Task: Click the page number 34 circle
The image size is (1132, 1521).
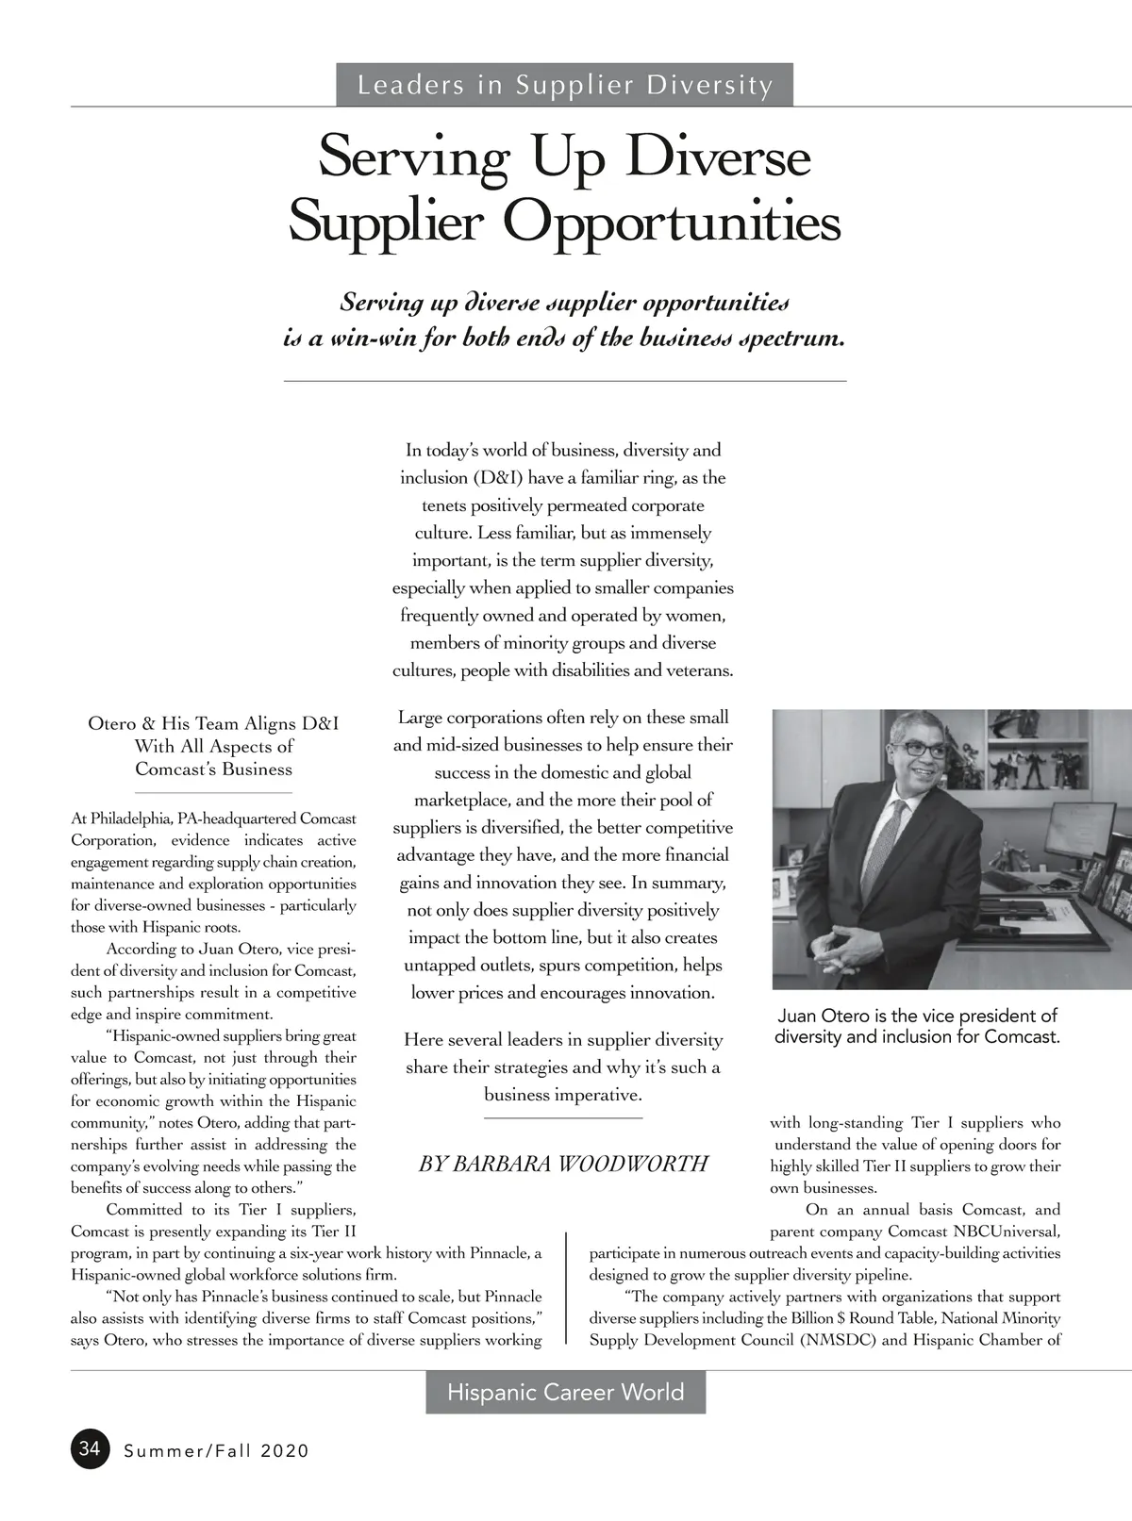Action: [90, 1448]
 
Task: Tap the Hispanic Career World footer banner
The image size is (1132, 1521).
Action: [565, 1393]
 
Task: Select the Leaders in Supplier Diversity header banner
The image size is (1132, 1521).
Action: [564, 85]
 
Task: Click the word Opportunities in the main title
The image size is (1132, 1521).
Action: [671, 223]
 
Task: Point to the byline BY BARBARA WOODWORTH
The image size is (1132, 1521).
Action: [563, 1164]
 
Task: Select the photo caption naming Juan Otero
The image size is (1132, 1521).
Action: [917, 1026]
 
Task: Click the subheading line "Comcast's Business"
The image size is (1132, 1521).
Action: [213, 769]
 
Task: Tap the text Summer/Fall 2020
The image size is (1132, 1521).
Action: [216, 1450]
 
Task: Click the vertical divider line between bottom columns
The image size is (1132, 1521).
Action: [566, 1287]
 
